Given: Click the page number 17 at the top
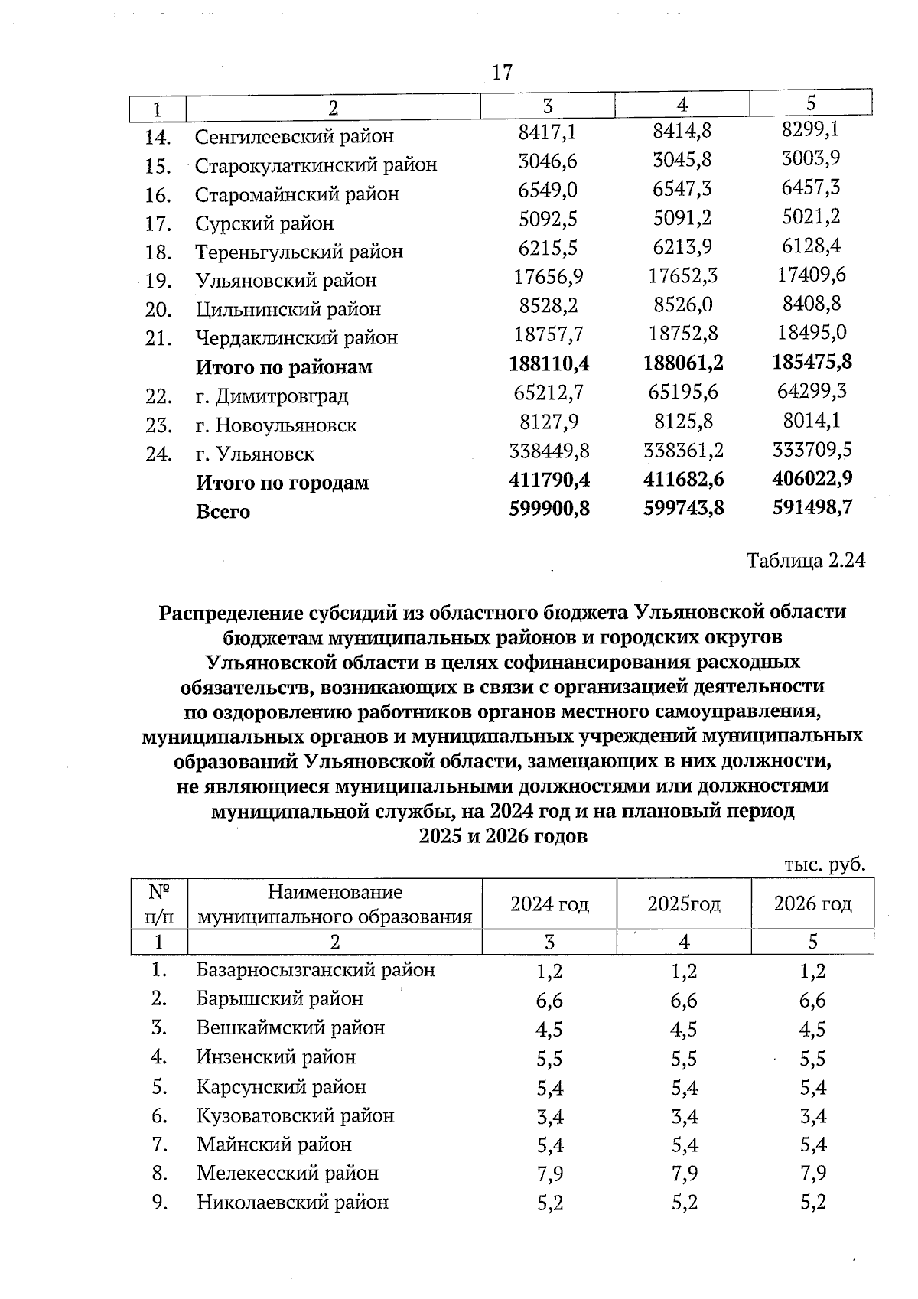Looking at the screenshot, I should click(502, 73).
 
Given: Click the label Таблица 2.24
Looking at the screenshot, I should click(806, 561).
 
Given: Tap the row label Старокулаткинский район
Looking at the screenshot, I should click(316, 165).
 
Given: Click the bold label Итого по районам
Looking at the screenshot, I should click(284, 367).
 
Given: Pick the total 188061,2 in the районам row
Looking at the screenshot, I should click(683, 362).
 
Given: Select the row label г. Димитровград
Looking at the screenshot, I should click(272, 396).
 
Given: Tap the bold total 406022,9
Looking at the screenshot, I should click(812, 478).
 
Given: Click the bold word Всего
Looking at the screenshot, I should click(223, 512).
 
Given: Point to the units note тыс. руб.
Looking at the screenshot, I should click(825, 864).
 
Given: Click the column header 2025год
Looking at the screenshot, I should click(683, 904).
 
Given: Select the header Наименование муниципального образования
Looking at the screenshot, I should click(334, 904).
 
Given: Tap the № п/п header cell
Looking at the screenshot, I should click(158, 904).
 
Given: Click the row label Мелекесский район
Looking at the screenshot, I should click(287, 1173).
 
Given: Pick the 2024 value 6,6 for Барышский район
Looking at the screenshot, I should click(549, 1001).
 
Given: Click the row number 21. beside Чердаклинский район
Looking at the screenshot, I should click(158, 338).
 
